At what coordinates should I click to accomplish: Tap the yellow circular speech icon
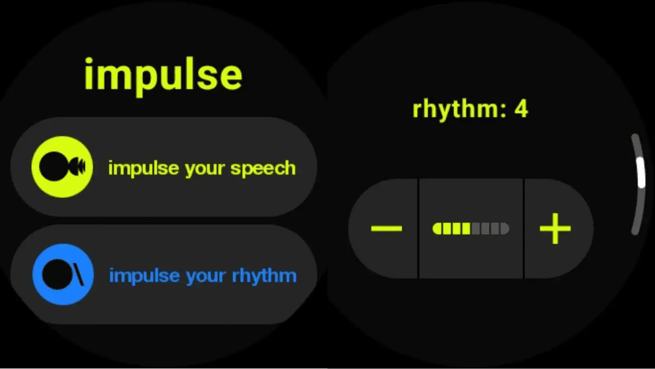point(62,167)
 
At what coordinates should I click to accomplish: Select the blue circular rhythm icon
point(63,274)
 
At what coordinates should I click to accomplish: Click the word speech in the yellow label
point(263,169)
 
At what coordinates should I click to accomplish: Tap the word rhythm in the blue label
point(264,276)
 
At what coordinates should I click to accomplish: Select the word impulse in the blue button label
point(145,276)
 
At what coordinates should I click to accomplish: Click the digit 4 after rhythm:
point(521,109)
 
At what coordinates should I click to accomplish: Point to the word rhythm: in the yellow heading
point(459,110)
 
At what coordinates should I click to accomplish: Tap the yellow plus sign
point(555,228)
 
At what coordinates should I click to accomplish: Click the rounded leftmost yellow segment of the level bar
point(437,228)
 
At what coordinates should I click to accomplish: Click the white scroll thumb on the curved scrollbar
point(641,172)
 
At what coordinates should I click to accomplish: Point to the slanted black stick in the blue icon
point(78,274)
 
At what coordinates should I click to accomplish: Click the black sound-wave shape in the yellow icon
point(77,166)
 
